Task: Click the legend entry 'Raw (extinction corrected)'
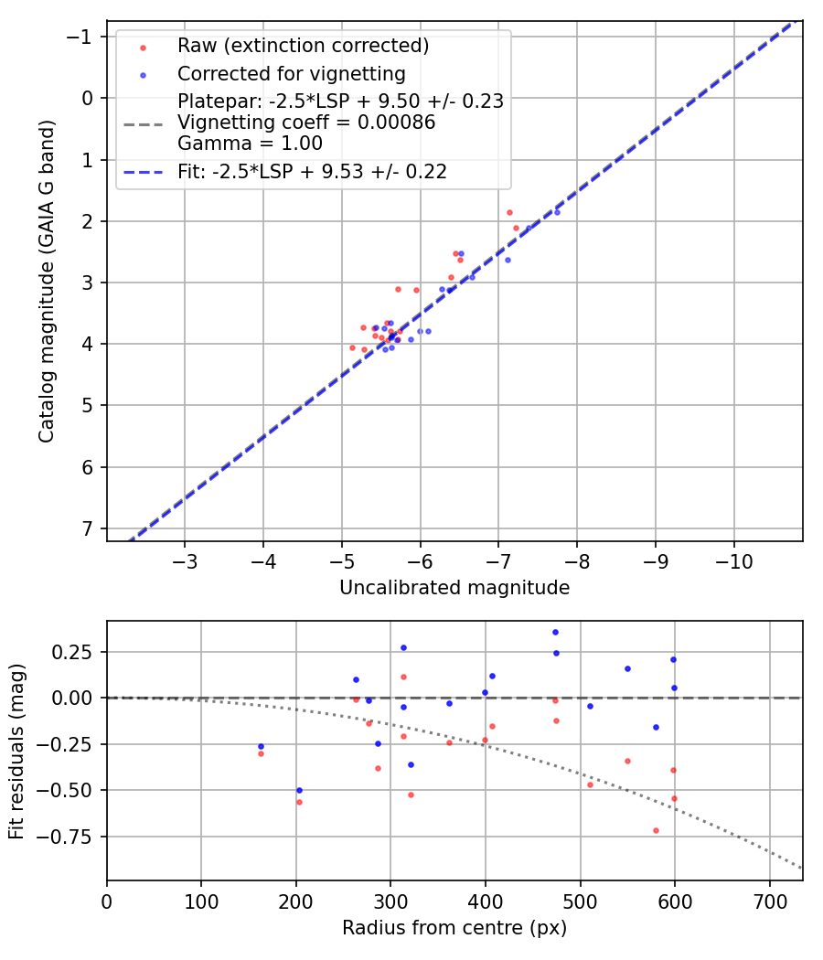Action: pyautogui.click(x=303, y=46)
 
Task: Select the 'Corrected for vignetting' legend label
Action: pyautogui.click(x=291, y=73)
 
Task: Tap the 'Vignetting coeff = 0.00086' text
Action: pyautogui.click(x=306, y=123)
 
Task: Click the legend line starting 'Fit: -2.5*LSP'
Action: pyautogui.click(x=312, y=171)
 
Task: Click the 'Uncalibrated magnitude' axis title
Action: pyautogui.click(x=454, y=588)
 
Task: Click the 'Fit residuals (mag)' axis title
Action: pyautogui.click(x=16, y=751)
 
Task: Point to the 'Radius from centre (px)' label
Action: pyautogui.click(x=454, y=928)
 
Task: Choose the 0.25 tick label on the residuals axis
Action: pyautogui.click(x=77, y=651)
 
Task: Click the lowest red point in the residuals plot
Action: pyautogui.click(x=656, y=830)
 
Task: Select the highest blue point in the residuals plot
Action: pyautogui.click(x=555, y=632)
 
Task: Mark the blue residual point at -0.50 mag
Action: pyautogui.click(x=298, y=790)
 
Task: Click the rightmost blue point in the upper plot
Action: pyautogui.click(x=557, y=212)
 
